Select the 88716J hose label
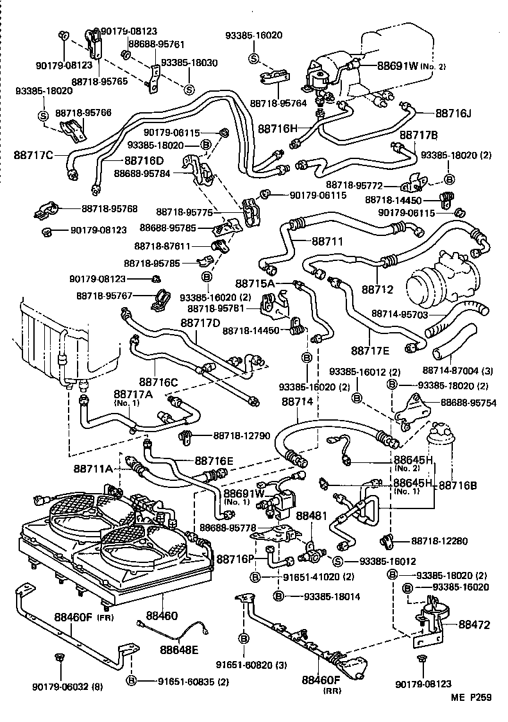point(453,113)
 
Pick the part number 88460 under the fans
point(159,615)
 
